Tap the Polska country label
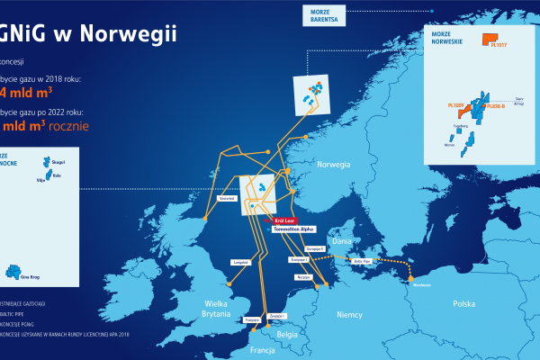coord(463,303)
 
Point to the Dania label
coord(342,241)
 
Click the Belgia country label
coord(287,334)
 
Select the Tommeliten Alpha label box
coord(291,228)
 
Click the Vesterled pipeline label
coord(227,198)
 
